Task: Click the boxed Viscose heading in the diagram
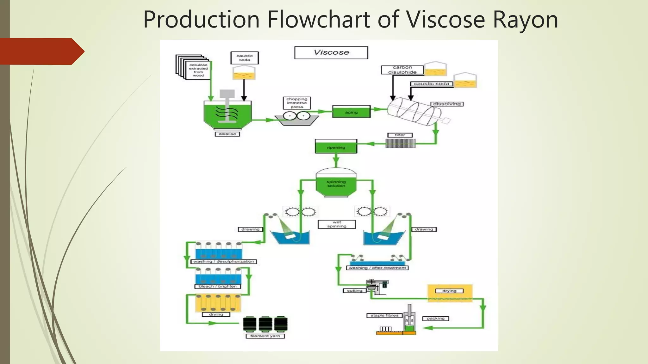331,52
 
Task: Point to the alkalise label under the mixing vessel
227,134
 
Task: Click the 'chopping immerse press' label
297,103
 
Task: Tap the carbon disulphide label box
402,70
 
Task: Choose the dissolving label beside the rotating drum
447,104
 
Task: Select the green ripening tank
336,147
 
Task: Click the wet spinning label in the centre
337,224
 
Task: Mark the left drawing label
250,229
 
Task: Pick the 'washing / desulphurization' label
224,261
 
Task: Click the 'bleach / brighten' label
218,286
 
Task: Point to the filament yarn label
265,336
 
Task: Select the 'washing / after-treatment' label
377,268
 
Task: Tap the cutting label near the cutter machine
354,290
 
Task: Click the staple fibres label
384,315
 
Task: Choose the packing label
435,318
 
